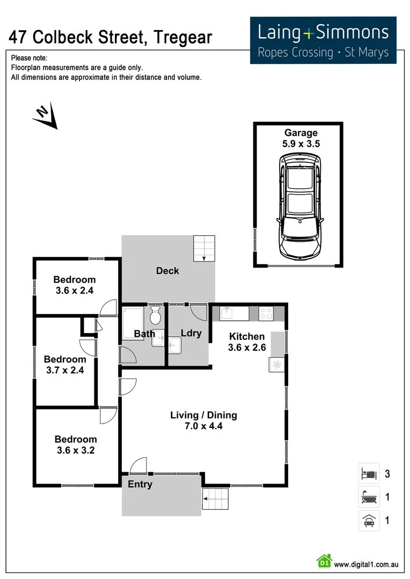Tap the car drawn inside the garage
(301, 206)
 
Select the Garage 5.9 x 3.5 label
(301, 138)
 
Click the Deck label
(167, 271)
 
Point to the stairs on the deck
(204, 248)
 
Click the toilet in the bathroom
(156, 316)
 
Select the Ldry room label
(191, 333)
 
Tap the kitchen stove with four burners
(266, 313)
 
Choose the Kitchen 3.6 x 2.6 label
(247, 342)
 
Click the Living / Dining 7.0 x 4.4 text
(203, 421)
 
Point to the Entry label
(140, 485)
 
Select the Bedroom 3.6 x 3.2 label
(76, 445)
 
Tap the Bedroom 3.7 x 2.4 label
(65, 365)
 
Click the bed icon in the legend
(369, 473)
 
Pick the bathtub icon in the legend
(369, 497)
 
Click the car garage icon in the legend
(369, 521)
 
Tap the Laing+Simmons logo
(323, 40)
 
